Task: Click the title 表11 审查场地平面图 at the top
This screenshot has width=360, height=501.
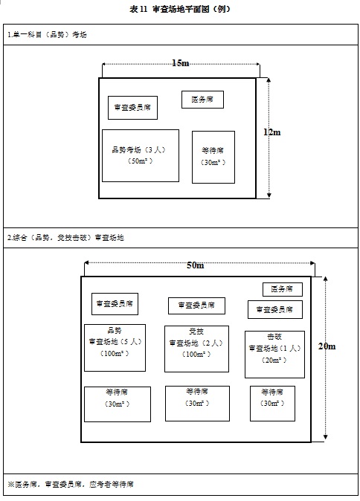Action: pos(180,9)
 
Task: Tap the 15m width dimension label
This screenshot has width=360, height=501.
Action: pos(181,63)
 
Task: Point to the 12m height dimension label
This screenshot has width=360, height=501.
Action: pos(272,132)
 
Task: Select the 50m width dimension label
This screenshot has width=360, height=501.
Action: pos(196,265)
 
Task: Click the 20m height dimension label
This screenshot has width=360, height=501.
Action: pos(327,346)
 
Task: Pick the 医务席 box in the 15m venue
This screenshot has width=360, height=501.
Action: pos(202,100)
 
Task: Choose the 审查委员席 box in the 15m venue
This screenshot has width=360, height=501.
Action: pos(132,108)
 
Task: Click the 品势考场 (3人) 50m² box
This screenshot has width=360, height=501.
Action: pos(141,155)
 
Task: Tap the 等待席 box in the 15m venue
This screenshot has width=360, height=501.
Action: pos(213,157)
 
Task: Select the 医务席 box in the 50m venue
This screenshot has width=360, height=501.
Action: pos(283,289)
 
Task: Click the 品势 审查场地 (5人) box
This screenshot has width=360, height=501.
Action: pos(115,348)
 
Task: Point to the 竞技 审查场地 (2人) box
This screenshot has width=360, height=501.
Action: pos(196,349)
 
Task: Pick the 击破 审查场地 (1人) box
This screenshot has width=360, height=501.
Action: pos(274,355)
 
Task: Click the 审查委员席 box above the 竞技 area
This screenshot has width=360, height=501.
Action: pos(196,306)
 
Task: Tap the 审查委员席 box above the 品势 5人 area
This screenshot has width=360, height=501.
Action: pos(115,304)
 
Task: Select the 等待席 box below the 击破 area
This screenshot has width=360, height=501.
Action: pos(272,404)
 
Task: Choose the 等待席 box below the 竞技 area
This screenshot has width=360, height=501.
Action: pos(197,404)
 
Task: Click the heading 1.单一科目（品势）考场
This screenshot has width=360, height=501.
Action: pos(47,34)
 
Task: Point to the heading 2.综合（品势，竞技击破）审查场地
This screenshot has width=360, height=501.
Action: pos(65,238)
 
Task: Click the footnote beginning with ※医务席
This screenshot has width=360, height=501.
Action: pos(71,485)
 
